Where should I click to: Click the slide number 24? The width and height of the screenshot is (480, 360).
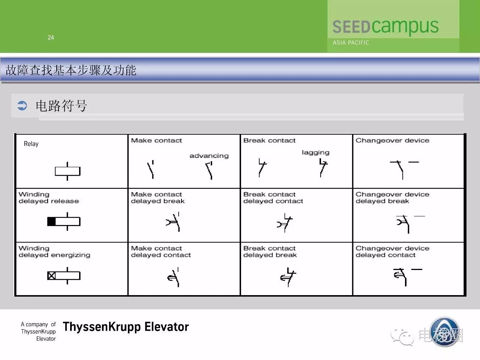pyautogui.click(x=51, y=37)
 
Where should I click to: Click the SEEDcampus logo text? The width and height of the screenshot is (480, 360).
pyautogui.click(x=385, y=27)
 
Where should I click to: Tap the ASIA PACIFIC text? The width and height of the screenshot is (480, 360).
pyautogui.click(x=351, y=43)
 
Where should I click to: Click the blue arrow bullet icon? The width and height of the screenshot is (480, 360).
pyautogui.click(x=22, y=106)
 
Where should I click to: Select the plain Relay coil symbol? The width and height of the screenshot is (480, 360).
pyautogui.click(x=67, y=171)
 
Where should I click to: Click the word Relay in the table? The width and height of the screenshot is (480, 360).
pyautogui.click(x=31, y=144)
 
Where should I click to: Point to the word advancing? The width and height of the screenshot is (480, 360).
pyautogui.click(x=209, y=156)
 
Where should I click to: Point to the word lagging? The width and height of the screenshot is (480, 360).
pyautogui.click(x=315, y=152)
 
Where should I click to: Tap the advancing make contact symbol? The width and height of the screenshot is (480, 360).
pyautogui.click(x=209, y=171)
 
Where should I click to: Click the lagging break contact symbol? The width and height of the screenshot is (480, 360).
pyautogui.click(x=323, y=168)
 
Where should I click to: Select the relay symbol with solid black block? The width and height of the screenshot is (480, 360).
pyautogui.click(x=64, y=221)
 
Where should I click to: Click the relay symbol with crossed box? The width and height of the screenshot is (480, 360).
pyautogui.click(x=64, y=276)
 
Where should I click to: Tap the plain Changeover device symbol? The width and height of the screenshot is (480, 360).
pyautogui.click(x=404, y=170)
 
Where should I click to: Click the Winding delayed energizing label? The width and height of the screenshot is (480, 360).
pyautogui.click(x=54, y=252)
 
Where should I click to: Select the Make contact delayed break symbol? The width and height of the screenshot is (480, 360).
pyautogui.click(x=173, y=222)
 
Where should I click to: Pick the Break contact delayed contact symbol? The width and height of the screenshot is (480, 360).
pyautogui.click(x=285, y=223)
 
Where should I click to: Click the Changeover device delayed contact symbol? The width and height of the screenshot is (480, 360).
pyautogui.click(x=407, y=277)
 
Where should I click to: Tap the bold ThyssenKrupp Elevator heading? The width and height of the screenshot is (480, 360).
pyautogui.click(x=126, y=327)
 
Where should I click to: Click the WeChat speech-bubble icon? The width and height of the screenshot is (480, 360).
pyautogui.click(x=402, y=337)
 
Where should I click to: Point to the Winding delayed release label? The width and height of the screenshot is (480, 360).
pyautogui.click(x=48, y=198)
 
